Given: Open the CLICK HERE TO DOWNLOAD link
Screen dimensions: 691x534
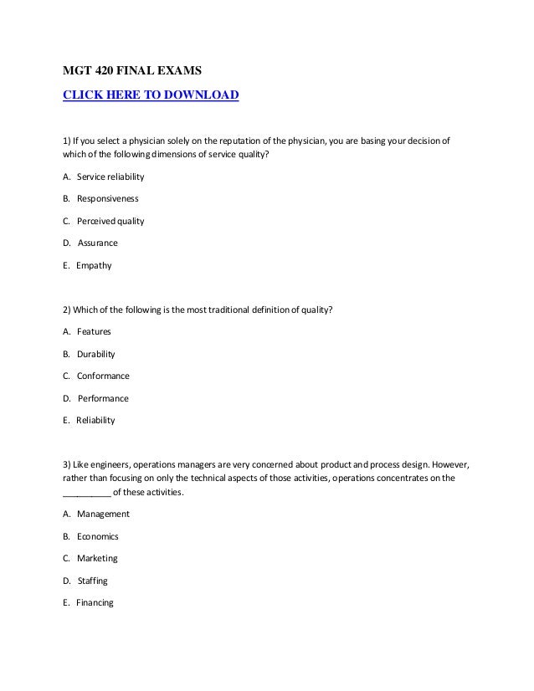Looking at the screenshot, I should click(151, 95).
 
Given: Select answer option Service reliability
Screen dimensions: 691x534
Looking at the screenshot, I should click(110, 177).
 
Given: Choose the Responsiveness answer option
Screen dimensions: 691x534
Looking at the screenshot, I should click(107, 199).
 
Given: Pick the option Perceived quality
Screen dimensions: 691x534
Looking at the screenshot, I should click(110, 221).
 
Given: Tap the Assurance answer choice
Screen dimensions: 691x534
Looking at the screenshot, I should click(98, 243).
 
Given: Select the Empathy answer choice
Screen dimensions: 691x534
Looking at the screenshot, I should click(93, 265).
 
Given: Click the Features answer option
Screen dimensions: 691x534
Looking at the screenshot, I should click(94, 331).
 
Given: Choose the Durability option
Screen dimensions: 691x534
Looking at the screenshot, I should click(96, 354).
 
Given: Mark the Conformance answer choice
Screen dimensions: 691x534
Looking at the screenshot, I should click(103, 376).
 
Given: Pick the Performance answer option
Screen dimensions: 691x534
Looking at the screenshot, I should click(103, 398).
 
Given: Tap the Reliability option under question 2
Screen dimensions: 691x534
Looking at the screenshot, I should click(95, 420).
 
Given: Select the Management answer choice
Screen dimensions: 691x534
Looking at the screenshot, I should click(103, 514).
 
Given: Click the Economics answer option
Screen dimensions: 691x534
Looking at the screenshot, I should click(98, 536).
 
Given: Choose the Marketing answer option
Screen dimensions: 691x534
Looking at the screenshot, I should click(97, 558).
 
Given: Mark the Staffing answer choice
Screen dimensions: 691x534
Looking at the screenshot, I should click(93, 580).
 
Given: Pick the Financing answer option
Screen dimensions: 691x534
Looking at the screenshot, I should click(94, 602).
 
